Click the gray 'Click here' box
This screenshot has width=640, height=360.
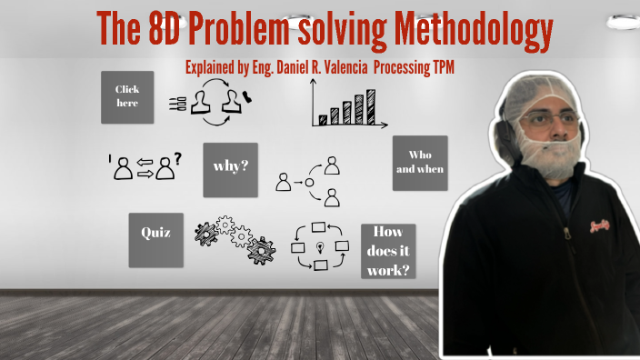(127, 96)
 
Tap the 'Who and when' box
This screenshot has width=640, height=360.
(419, 163)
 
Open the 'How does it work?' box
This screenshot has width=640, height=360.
(388, 250)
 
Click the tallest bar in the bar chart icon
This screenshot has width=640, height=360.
(370, 106)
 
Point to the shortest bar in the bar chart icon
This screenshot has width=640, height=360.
(322, 118)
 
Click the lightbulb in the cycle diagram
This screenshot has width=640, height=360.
(319, 247)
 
